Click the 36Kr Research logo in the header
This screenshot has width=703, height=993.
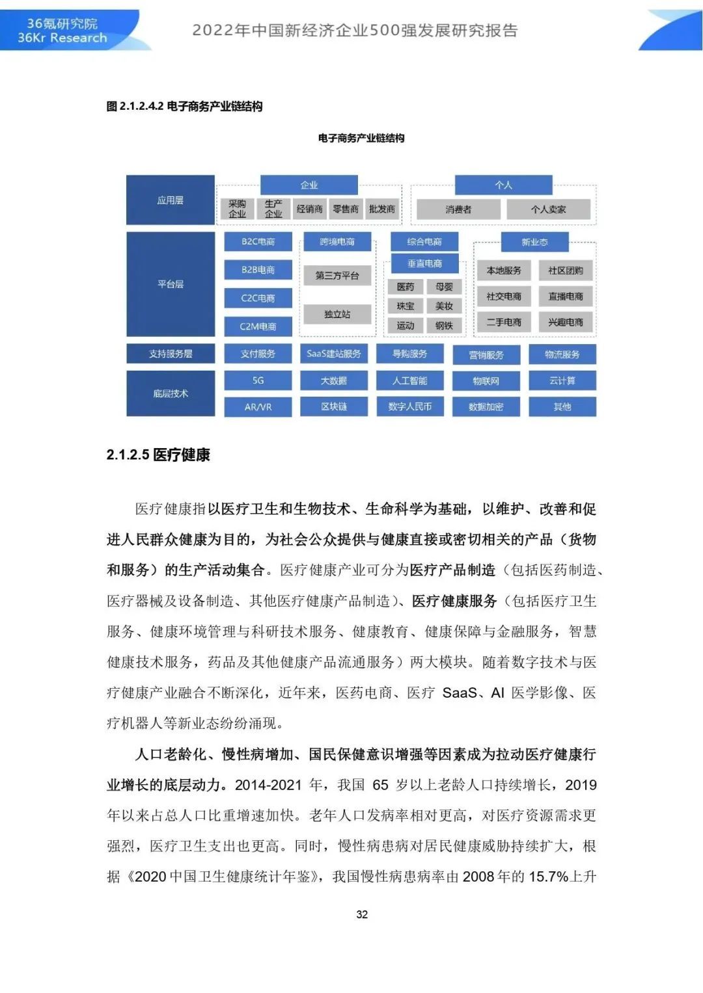coord(62,31)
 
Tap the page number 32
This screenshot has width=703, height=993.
coord(362,914)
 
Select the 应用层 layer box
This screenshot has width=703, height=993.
coord(171,200)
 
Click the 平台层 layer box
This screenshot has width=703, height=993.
coord(171,284)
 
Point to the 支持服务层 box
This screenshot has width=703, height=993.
coord(171,354)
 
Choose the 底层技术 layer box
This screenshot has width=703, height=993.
coord(171,393)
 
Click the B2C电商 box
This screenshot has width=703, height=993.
coord(258,242)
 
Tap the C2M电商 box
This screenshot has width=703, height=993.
coord(258,326)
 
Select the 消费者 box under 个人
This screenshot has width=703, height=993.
coord(458,209)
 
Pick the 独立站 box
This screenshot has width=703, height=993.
coord(337,314)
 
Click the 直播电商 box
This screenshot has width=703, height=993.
coord(565,297)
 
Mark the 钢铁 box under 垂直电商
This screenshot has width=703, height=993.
coord(444,325)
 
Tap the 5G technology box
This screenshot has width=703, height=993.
coord(258,380)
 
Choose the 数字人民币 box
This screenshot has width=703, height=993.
coord(410,406)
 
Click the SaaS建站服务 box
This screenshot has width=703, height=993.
coord(334,354)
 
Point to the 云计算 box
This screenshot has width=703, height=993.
coord(562,380)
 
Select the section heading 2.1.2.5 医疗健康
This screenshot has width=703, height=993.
coord(158,455)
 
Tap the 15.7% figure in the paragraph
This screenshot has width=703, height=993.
coord(548,877)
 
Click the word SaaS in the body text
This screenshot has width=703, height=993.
coord(460,693)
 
